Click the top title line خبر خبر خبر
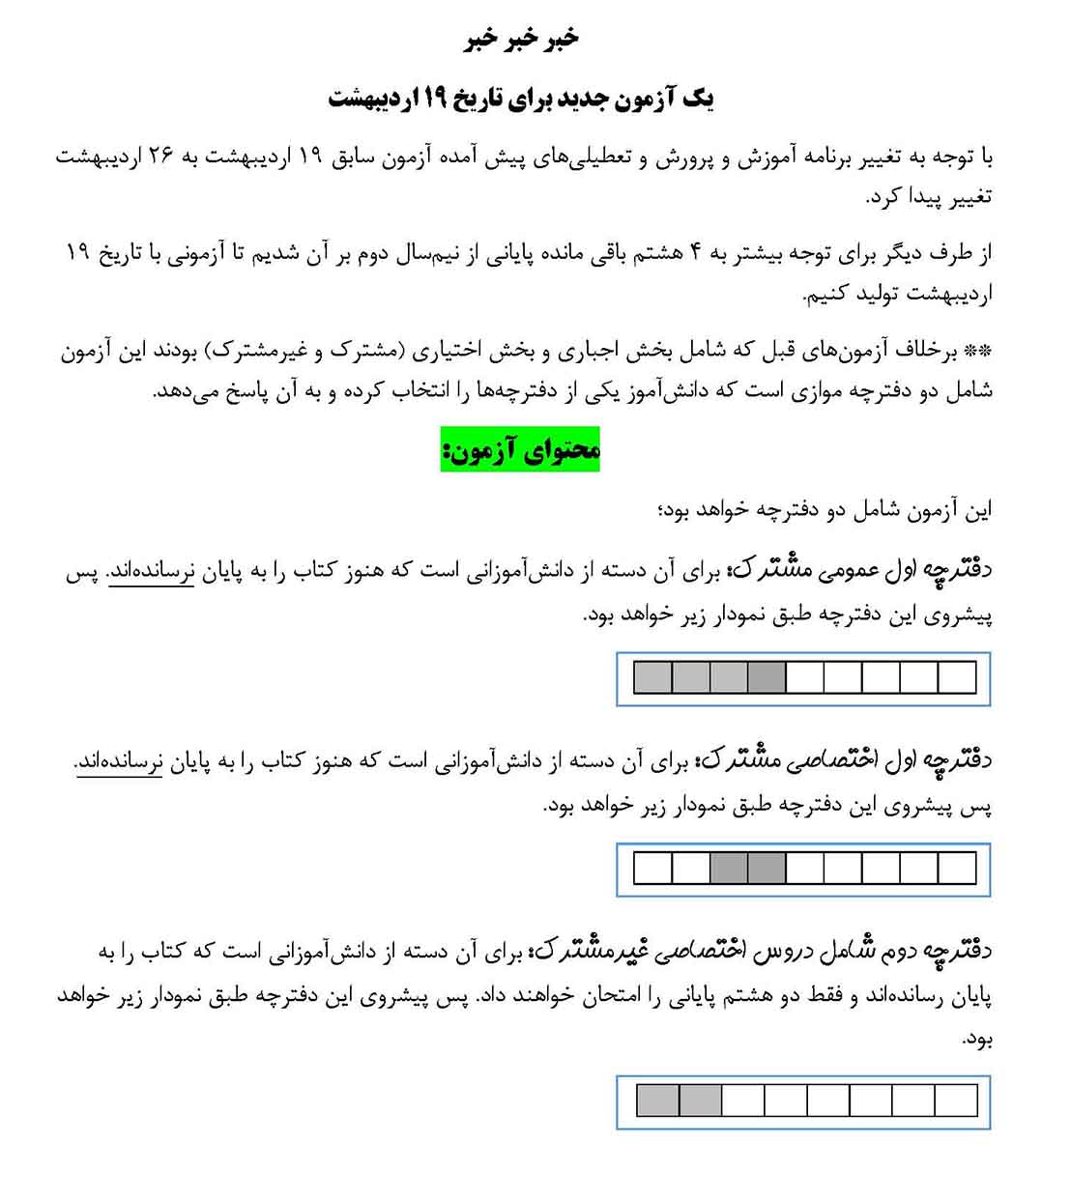[x=522, y=39]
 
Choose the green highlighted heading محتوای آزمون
[x=520, y=449]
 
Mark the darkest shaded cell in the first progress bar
[x=767, y=678]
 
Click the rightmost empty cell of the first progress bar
[x=957, y=678]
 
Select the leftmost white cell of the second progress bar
[x=652, y=869]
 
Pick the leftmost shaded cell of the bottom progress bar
[x=658, y=1100]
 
